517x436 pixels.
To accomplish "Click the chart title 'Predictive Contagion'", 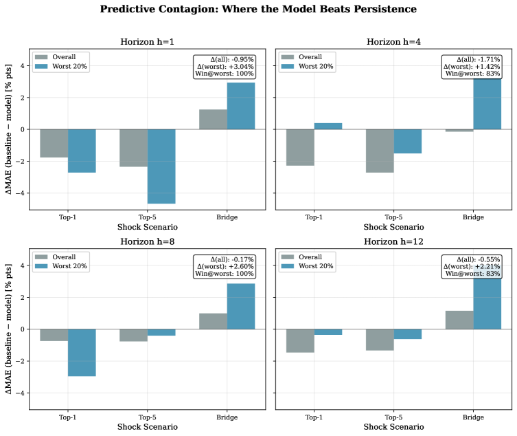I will pyautogui.click(x=258, y=10).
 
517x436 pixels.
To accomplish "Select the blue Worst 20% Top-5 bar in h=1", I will pyautogui.click(x=161, y=166).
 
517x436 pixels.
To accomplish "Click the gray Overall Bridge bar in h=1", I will pyautogui.click(x=213, y=119).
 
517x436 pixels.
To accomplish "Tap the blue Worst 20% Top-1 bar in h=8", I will pyautogui.click(x=82, y=352).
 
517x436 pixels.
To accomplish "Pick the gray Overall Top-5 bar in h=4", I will pyautogui.click(x=380, y=151).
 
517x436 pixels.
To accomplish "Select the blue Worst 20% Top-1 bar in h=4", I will pyautogui.click(x=328, y=126).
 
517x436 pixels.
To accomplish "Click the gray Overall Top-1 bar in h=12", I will pyautogui.click(x=300, y=340).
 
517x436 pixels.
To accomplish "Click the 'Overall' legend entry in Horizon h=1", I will pyautogui.click(x=62, y=57).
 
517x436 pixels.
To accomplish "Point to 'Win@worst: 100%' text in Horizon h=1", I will pyautogui.click(x=225, y=74).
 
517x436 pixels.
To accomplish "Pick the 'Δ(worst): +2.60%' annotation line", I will pyautogui.click(x=225, y=265).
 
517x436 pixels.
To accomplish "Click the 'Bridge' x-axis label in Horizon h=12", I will pyautogui.click(x=473, y=417).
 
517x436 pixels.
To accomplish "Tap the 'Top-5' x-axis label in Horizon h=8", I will pyautogui.click(x=147, y=417).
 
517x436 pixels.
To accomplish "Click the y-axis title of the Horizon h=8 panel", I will pyautogui.click(x=8, y=328).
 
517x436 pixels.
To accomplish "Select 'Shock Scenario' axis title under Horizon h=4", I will pyautogui.click(x=393, y=227).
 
